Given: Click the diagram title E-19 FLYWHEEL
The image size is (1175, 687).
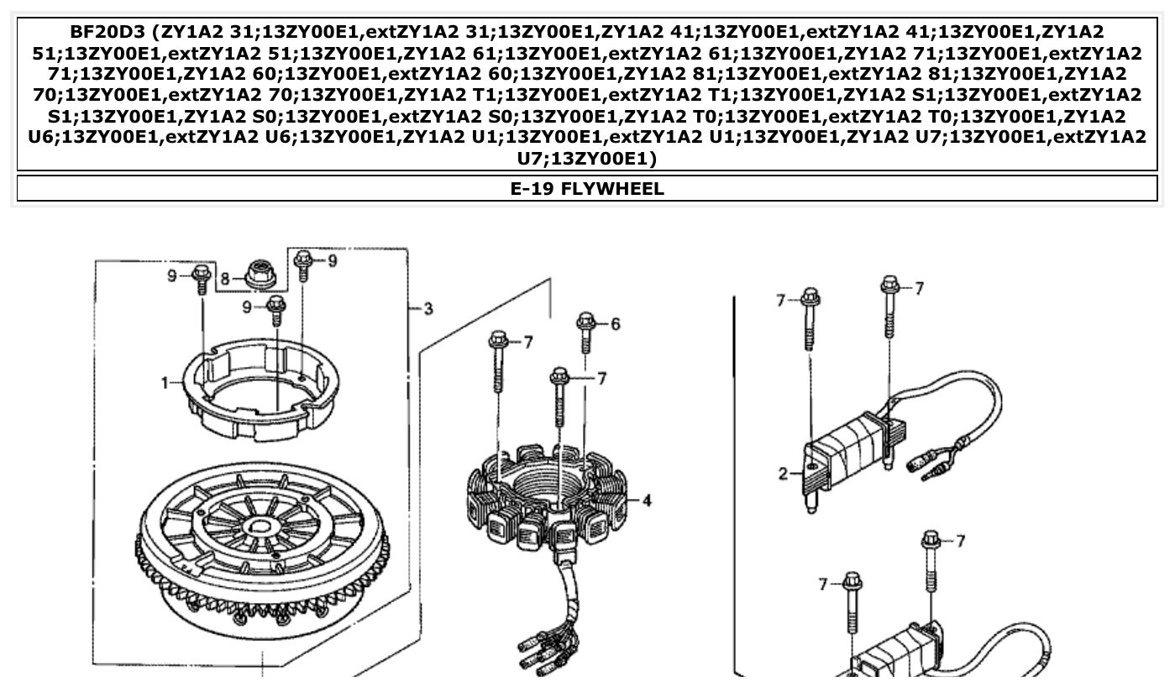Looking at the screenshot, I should point(587,188).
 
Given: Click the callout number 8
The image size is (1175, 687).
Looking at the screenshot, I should point(225,277).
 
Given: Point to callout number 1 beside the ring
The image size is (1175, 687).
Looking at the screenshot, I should point(165,383).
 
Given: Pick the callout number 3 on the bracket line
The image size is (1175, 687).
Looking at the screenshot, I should point(428,309).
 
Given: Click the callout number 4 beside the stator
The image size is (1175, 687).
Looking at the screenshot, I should point(646,501).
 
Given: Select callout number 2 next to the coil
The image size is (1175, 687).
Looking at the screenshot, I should point(783,474).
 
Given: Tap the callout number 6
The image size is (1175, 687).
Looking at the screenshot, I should point(615,324).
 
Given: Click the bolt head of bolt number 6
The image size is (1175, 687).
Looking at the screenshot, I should point(586,321).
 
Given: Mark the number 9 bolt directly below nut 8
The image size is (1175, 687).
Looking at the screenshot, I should point(275,311).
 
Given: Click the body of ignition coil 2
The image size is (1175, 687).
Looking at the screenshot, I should point(848,462).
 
